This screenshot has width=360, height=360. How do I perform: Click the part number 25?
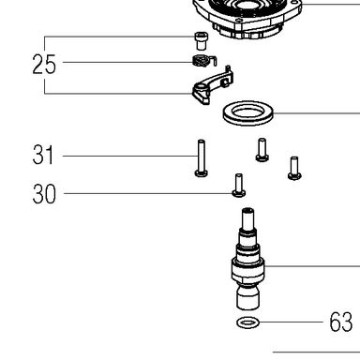(44, 64)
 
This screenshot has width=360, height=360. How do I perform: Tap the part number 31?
(43, 155)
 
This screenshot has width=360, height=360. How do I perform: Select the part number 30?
(44, 194)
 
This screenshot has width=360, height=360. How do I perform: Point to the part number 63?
(341, 322)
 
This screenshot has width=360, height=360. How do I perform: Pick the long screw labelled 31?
(201, 157)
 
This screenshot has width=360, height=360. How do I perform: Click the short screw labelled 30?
(239, 186)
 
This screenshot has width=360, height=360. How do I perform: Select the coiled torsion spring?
(201, 61)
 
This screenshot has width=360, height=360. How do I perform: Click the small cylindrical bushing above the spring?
(202, 40)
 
